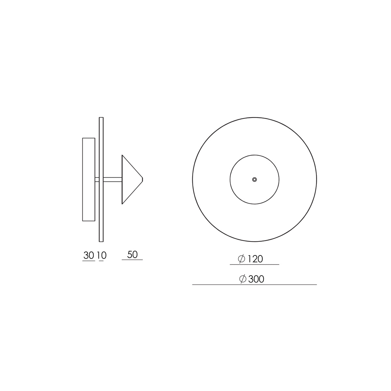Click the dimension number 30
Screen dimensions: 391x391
click(x=89, y=255)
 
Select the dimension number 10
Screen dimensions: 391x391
click(x=102, y=255)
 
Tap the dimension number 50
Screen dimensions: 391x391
click(x=132, y=255)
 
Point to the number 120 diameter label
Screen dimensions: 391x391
click(x=255, y=259)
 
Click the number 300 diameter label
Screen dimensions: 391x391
click(x=256, y=279)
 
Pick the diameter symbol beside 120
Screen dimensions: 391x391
click(x=241, y=259)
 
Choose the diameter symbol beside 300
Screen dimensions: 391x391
click(x=243, y=279)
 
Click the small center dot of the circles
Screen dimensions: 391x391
click(x=254, y=179)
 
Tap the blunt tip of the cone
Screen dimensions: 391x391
click(x=143, y=179)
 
